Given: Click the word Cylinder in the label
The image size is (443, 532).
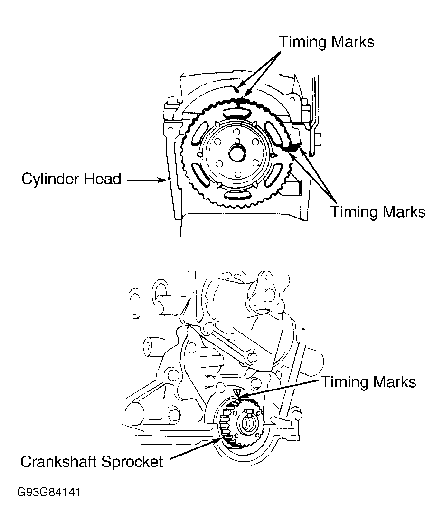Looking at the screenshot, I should pos(51,180).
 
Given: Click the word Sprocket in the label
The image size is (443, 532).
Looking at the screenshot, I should pos(137,461).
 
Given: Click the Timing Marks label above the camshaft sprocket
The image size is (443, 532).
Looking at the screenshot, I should pos(327,42).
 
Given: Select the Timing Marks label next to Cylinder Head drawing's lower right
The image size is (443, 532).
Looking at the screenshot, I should pos(378,211).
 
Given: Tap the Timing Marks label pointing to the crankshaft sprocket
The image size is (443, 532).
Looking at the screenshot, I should pos(368,381).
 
